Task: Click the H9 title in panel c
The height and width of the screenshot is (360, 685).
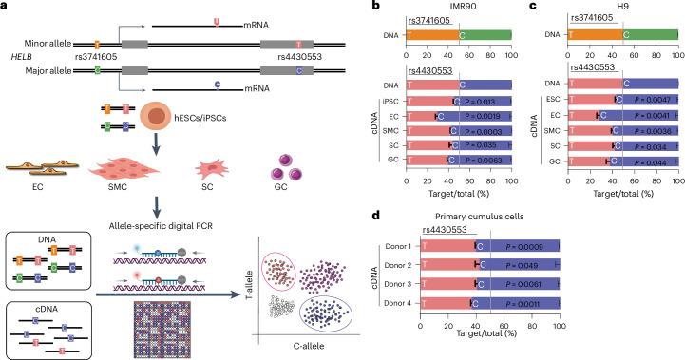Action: [x=621, y=7]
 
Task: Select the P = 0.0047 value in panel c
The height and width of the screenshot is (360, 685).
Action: [x=646, y=99]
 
